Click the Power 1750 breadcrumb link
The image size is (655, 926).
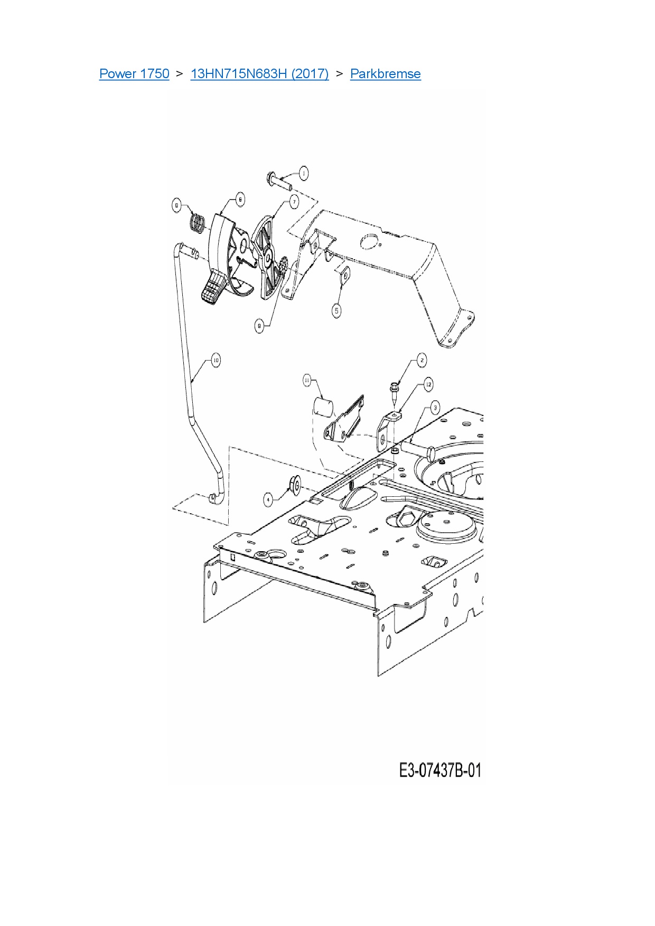134,73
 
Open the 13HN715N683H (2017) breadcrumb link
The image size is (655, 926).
259,73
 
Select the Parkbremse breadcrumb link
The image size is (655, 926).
385,73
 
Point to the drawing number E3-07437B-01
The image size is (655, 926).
440,770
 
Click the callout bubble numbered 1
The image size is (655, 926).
303,173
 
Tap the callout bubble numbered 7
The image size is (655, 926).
294,201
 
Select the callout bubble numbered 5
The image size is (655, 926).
337,310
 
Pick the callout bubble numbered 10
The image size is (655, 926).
215,361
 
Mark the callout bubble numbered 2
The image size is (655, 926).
422,361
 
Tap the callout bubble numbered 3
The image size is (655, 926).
435,407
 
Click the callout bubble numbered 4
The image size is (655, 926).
269,499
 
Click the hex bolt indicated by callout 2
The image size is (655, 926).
394,391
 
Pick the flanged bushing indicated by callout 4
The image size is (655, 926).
294,485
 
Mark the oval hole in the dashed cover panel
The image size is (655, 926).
369,242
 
